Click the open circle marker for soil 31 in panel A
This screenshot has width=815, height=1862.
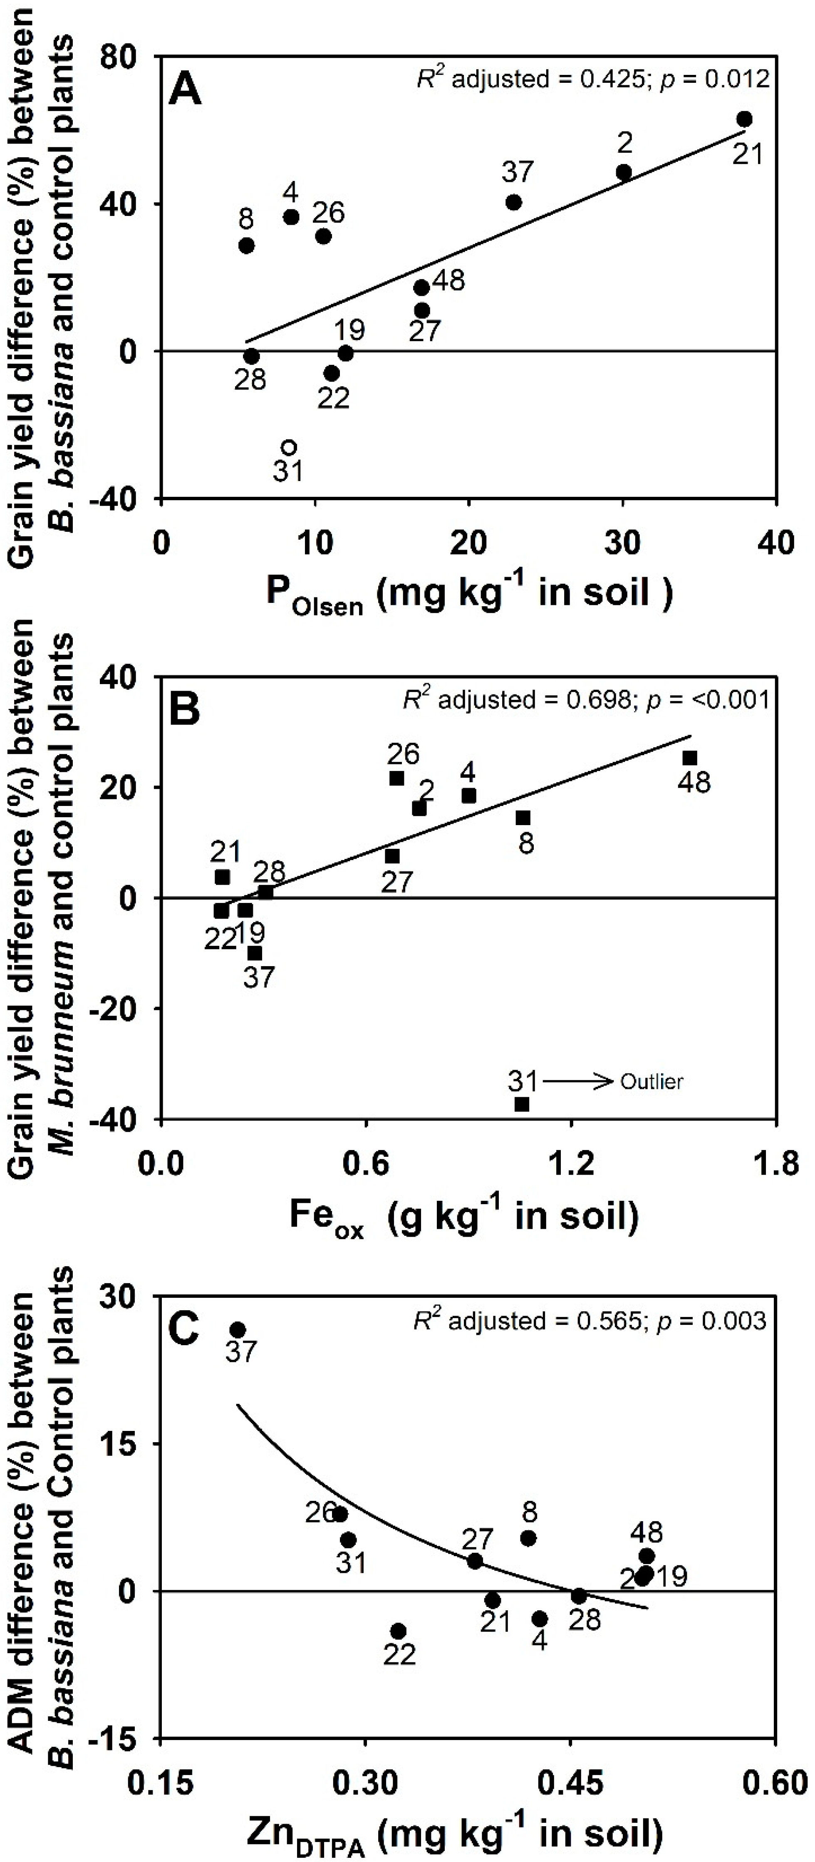pyautogui.click(x=289, y=447)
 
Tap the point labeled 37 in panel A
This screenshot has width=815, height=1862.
pyautogui.click(x=514, y=202)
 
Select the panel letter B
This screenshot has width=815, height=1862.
pyautogui.click(x=185, y=711)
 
